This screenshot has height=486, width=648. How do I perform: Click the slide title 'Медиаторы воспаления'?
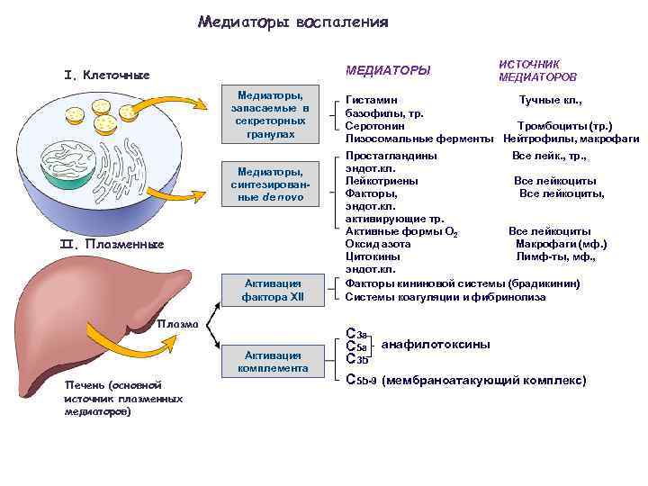[x=293, y=22]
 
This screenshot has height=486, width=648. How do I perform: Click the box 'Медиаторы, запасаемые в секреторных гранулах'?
[x=270, y=113]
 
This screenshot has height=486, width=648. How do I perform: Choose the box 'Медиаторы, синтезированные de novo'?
[x=270, y=184]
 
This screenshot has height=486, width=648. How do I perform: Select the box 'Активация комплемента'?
[x=269, y=361]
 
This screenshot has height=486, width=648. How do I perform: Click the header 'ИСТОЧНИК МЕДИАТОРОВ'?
[x=537, y=71]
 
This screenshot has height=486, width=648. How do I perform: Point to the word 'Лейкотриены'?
[x=381, y=181]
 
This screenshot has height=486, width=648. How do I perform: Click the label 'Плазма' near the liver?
[x=175, y=324]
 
